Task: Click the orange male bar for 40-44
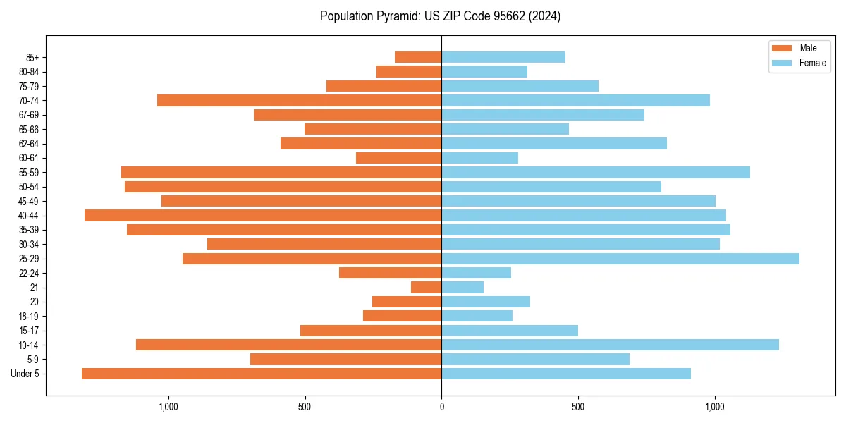[263, 215]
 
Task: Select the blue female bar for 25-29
[620, 259]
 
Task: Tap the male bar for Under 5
[262, 374]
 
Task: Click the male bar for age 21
[427, 288]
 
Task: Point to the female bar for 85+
[503, 57]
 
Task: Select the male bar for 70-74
[300, 100]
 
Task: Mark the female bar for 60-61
[480, 158]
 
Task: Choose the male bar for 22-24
[391, 273]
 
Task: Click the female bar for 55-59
[596, 172]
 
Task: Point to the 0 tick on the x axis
[441, 407]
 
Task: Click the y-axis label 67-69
[29, 115]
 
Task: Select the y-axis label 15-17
[29, 331]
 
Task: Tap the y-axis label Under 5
[25, 374]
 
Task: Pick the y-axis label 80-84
[29, 71]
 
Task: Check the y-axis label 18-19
[29, 316]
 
